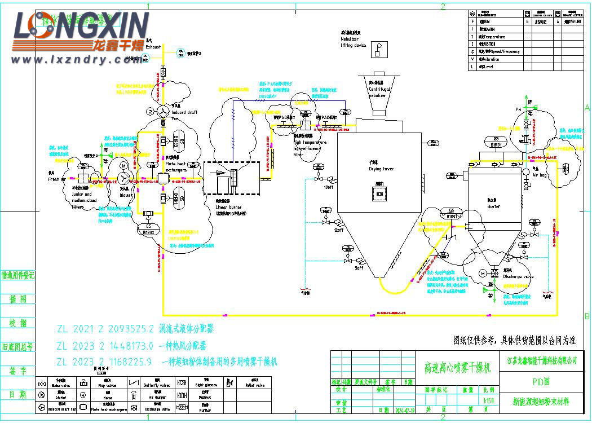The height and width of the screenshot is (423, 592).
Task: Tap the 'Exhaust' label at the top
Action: pyautogui.click(x=153, y=47)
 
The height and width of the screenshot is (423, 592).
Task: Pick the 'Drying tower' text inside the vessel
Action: pyautogui.click(x=382, y=169)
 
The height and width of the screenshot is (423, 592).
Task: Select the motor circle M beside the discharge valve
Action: pyautogui.click(x=483, y=274)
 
